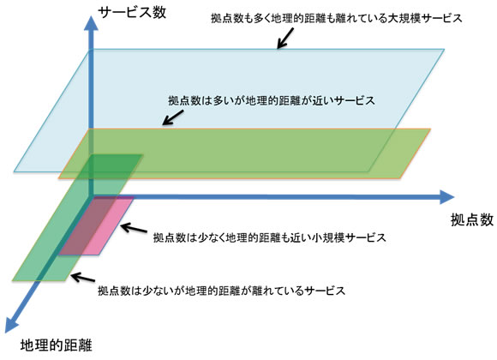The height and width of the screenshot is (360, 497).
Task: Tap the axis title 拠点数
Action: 471,219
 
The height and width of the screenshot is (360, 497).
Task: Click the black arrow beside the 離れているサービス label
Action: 79,279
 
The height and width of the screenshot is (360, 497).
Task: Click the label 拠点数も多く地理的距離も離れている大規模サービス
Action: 337,18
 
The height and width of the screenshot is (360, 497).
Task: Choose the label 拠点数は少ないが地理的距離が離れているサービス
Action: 221,290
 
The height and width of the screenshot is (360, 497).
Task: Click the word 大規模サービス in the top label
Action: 425,18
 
